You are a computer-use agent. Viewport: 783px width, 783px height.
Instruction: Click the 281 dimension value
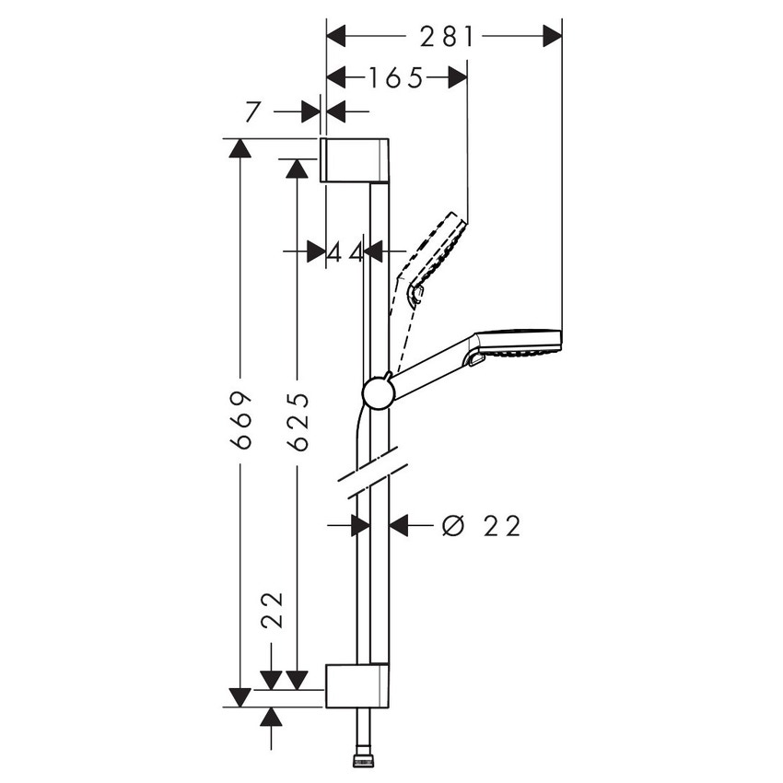coord(447,37)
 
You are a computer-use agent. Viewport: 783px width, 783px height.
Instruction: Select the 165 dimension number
coord(395,78)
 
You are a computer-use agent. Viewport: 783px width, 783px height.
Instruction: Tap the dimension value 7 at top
coord(251,111)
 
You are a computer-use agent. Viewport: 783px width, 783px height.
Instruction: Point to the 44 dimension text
coord(345,251)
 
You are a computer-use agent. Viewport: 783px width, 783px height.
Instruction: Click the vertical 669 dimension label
coord(241,420)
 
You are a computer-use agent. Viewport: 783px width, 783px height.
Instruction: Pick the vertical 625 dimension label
coord(297,421)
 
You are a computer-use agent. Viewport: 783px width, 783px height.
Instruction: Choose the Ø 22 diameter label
coord(481,526)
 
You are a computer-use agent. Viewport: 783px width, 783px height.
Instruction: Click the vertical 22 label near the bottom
coord(271,609)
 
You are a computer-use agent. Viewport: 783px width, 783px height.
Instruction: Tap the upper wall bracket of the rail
coord(355,160)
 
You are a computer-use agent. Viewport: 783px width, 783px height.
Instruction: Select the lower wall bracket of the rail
coord(357,684)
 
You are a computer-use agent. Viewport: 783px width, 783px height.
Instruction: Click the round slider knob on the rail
coord(379,392)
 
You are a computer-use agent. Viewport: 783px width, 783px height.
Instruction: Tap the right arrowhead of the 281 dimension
coord(552,37)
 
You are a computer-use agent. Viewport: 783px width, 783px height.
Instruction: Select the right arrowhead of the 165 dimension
coord(458,78)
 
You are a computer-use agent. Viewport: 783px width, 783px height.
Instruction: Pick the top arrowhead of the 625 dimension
coord(297,169)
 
